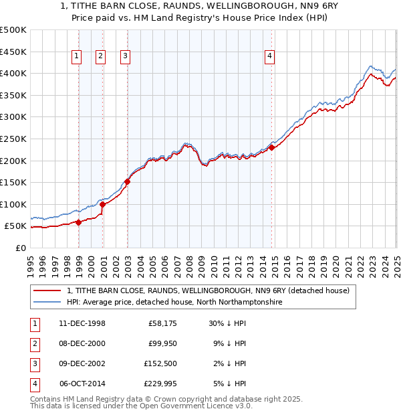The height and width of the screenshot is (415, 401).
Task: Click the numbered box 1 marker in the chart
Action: click(78, 57)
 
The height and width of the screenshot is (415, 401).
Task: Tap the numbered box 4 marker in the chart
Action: click(269, 57)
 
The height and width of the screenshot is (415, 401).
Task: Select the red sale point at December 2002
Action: click(127, 181)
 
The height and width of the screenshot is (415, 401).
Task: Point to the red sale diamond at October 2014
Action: click(272, 147)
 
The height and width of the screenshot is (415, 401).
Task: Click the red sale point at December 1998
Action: click(79, 222)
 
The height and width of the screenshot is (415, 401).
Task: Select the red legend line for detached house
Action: click(47, 291)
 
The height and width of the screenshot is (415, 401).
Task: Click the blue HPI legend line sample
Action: click(47, 303)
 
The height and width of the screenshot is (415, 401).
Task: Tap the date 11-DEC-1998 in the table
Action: click(82, 324)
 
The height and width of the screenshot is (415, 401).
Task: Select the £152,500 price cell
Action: click(160, 364)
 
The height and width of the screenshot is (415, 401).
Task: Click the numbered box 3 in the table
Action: click(34, 364)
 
